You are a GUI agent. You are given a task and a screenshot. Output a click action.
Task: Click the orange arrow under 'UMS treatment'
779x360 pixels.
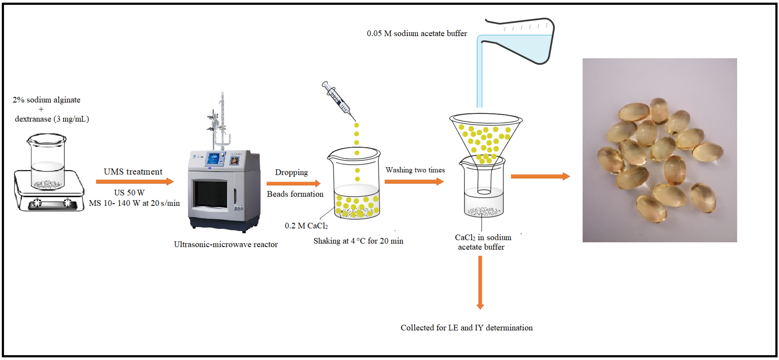(135, 182)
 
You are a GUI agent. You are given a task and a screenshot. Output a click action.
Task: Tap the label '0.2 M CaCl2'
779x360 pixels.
(306, 226)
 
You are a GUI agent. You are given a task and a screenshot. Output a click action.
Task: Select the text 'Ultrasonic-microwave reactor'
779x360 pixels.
(225, 244)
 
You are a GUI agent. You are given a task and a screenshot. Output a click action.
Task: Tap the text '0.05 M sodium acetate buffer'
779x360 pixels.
(417, 33)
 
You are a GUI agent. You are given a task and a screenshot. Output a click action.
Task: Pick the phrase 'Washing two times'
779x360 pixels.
(415, 170)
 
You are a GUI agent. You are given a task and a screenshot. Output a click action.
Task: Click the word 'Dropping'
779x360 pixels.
(291, 172)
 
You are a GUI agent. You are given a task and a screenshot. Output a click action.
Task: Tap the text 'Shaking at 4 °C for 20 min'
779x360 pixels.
(358, 241)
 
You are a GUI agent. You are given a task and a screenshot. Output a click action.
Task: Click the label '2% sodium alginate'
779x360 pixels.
(46, 100)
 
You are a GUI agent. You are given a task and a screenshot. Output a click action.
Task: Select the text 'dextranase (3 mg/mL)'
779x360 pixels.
(52, 119)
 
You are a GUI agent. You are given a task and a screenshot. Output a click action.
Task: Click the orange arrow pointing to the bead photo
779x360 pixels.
(540, 176)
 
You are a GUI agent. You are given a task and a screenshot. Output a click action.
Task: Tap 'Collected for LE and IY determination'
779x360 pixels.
(466, 328)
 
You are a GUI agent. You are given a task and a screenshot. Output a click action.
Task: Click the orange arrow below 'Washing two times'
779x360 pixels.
(414, 182)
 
